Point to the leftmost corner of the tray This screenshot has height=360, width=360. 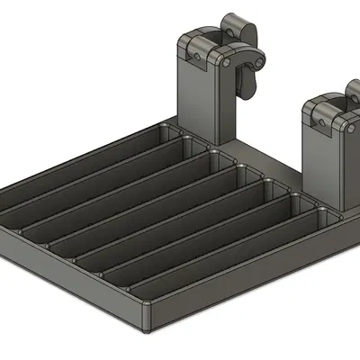click(x=4, y=200)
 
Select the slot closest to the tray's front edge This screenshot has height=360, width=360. click(x=216, y=261)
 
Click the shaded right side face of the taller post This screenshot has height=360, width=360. click(x=229, y=112)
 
